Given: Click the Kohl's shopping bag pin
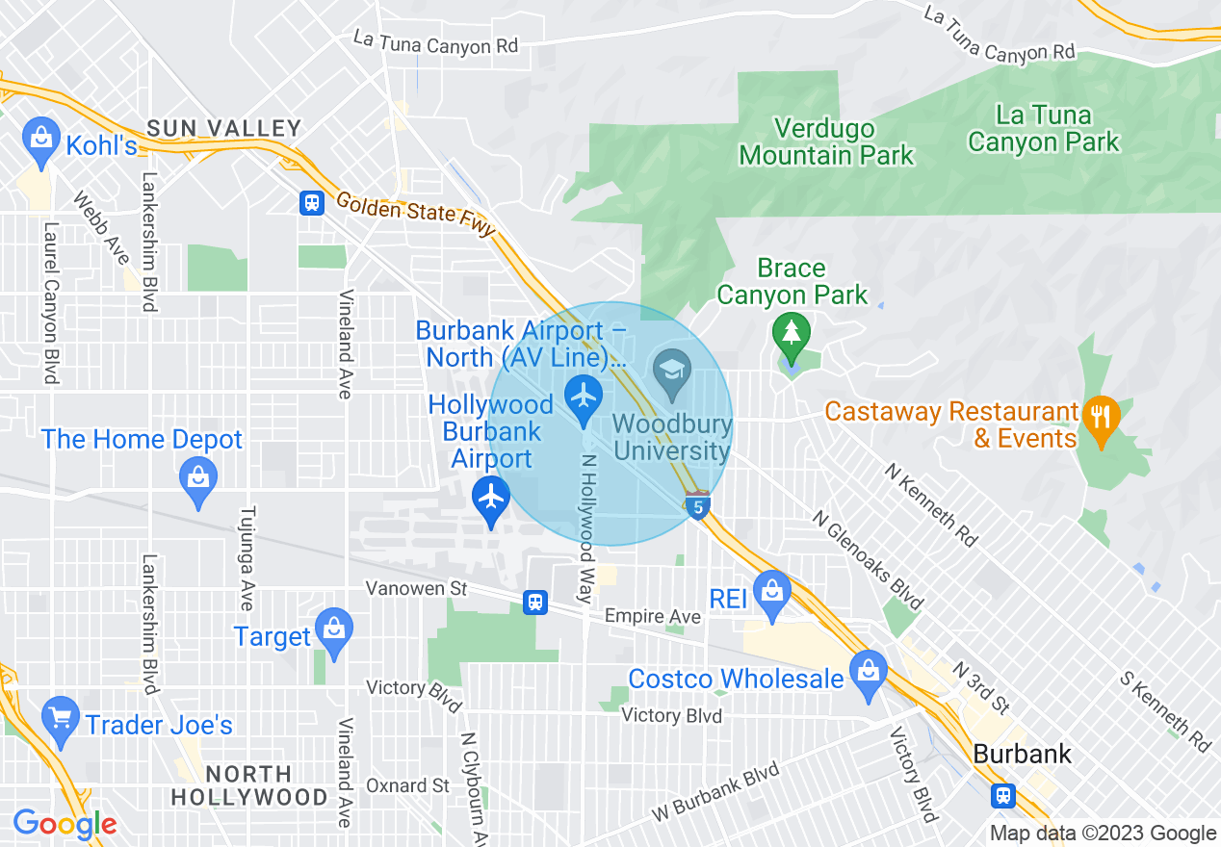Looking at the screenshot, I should (41, 139).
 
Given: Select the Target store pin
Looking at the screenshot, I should (334, 631).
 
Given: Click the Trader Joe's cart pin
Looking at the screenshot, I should (61, 719).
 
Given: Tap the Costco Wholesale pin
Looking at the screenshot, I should (869, 673).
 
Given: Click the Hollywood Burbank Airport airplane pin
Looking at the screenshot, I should (492, 500).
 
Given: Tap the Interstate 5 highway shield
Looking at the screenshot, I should (698, 504).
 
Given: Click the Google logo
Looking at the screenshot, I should (65, 824).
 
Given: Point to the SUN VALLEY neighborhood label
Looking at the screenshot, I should (224, 128).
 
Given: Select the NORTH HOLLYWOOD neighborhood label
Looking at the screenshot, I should (250, 785).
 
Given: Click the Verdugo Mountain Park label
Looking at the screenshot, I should (826, 141).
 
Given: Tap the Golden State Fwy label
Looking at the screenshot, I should (415, 214).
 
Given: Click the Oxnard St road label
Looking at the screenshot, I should (408, 785).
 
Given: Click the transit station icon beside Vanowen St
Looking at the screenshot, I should (535, 603).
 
